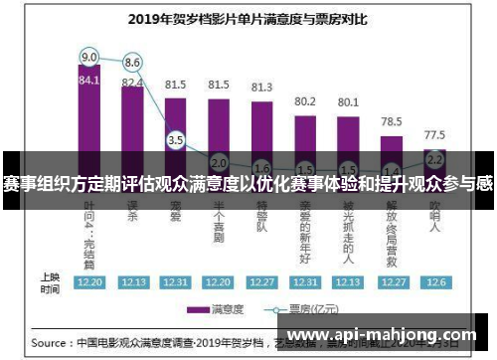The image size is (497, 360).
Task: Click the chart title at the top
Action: [248, 18]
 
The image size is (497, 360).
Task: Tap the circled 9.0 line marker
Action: [89, 56]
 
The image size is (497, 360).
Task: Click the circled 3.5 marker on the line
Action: [176, 140]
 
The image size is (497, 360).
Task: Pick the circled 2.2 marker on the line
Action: [433, 158]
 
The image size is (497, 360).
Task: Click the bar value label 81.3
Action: [261, 89]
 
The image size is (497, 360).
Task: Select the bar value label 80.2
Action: [304, 101]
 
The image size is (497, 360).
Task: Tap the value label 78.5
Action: [391, 119]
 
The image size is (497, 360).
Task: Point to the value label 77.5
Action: [433, 133]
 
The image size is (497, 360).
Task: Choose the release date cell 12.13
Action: [132, 281]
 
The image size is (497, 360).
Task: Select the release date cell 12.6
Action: [433, 281]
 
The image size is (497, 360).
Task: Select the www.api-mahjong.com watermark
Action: [382, 335]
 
